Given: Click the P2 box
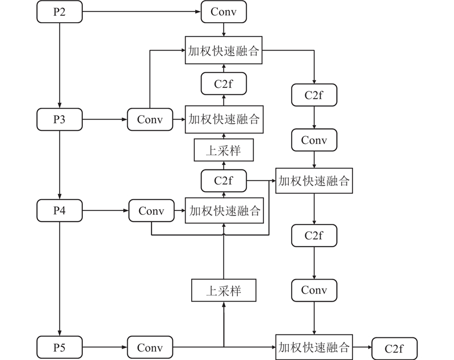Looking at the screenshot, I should pos(59,12).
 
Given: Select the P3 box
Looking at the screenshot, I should pos(59,120).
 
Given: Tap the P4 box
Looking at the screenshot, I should pos(59,211).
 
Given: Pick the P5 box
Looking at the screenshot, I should pos(59,347).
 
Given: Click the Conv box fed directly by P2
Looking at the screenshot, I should pos(224,12).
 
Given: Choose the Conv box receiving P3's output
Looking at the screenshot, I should pos(150,120).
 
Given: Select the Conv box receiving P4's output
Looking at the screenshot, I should pos(151,211).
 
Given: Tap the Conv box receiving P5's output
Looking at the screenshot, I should pos(150,347).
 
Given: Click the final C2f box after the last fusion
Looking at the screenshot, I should pos(394,348).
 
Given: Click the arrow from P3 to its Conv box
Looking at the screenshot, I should pos(104,120).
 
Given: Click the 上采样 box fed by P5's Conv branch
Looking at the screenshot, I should pos(224,291).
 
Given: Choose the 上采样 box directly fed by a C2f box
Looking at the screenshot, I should pos(224,150).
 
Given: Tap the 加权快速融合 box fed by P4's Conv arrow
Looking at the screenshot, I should pos(224,211).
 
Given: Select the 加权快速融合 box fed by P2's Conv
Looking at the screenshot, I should pos(224,51).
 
